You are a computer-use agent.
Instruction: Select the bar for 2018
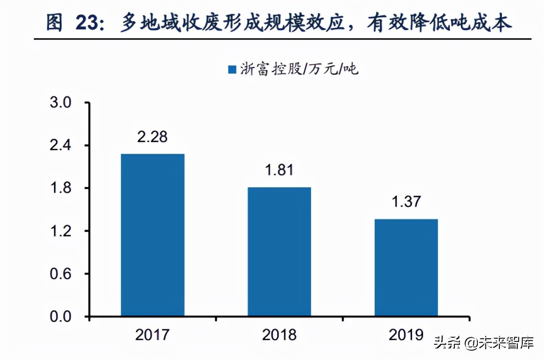point(279,252)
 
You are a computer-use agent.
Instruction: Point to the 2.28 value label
point(153,137)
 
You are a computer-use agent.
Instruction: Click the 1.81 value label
point(279,170)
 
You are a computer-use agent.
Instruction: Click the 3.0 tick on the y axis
point(62,103)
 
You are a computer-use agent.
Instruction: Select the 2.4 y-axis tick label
point(62,146)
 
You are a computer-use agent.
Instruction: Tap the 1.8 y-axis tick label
point(62,188)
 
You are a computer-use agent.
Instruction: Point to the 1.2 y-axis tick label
point(62,231)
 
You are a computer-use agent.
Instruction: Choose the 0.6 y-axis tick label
point(62,274)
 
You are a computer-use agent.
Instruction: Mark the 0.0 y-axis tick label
point(62,317)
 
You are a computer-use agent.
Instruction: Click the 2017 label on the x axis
point(152,335)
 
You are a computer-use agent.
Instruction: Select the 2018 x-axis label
point(279,335)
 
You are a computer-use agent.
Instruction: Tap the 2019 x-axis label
point(406,335)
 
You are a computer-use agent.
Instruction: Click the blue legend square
point(232,69)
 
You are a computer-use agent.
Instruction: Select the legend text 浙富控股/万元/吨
point(299,69)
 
